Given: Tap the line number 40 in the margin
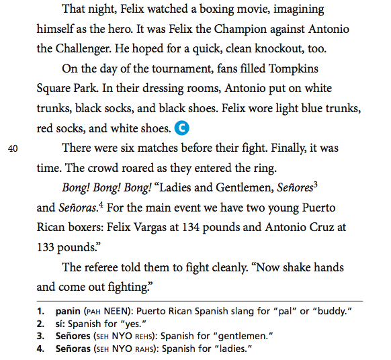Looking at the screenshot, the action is (13, 149).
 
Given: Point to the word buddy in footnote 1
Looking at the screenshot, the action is (335, 311).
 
